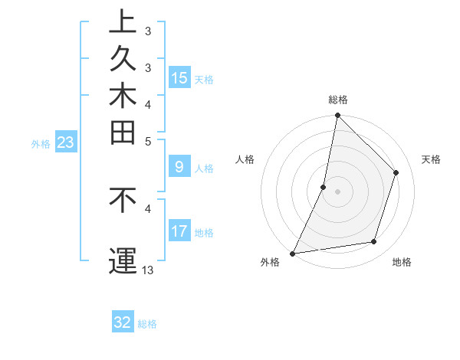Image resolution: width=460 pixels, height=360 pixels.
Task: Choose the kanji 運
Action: click(x=123, y=261)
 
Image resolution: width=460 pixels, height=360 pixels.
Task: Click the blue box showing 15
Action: click(x=179, y=77)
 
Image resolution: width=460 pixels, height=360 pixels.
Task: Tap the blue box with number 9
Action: click(x=179, y=166)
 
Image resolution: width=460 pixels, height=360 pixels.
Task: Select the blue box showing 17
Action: click(x=179, y=231)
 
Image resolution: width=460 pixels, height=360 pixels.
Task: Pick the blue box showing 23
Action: click(x=66, y=142)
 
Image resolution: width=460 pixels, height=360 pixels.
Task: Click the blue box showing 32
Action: click(x=123, y=322)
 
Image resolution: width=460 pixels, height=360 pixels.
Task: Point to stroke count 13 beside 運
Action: click(x=148, y=270)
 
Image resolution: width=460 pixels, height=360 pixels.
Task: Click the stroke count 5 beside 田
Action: click(x=148, y=141)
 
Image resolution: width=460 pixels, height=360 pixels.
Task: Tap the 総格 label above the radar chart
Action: click(x=338, y=100)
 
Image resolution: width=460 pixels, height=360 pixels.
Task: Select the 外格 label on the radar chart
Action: click(x=270, y=263)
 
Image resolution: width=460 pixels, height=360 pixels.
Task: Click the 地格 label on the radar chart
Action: click(x=402, y=263)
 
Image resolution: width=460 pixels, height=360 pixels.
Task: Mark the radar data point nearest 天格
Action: click(x=396, y=172)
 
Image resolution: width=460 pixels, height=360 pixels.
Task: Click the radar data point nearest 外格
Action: click(x=293, y=254)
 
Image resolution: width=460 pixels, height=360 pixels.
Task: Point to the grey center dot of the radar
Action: click(x=338, y=191)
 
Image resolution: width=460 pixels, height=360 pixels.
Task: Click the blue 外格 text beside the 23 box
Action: click(x=41, y=143)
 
